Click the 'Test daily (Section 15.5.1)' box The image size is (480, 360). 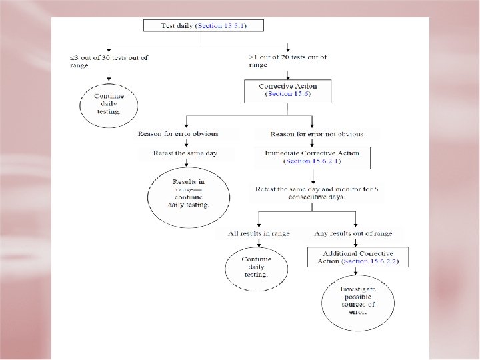click(204, 26)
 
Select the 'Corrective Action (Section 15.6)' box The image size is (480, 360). click(288, 91)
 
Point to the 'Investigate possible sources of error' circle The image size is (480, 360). click(357, 300)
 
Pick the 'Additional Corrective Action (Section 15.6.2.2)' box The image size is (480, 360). click(358, 258)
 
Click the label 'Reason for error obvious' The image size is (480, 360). click(178, 134)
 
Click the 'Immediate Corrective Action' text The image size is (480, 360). click(312, 153)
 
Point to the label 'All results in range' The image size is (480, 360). click(258, 233)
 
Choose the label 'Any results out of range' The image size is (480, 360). click(353, 233)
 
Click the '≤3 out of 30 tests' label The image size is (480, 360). click(110, 57)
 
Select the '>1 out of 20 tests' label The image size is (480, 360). click(288, 57)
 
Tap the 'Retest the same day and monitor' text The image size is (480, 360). click(317, 189)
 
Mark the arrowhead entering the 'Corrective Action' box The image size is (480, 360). click(288, 78)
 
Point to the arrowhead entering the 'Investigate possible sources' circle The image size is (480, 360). click(357, 272)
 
